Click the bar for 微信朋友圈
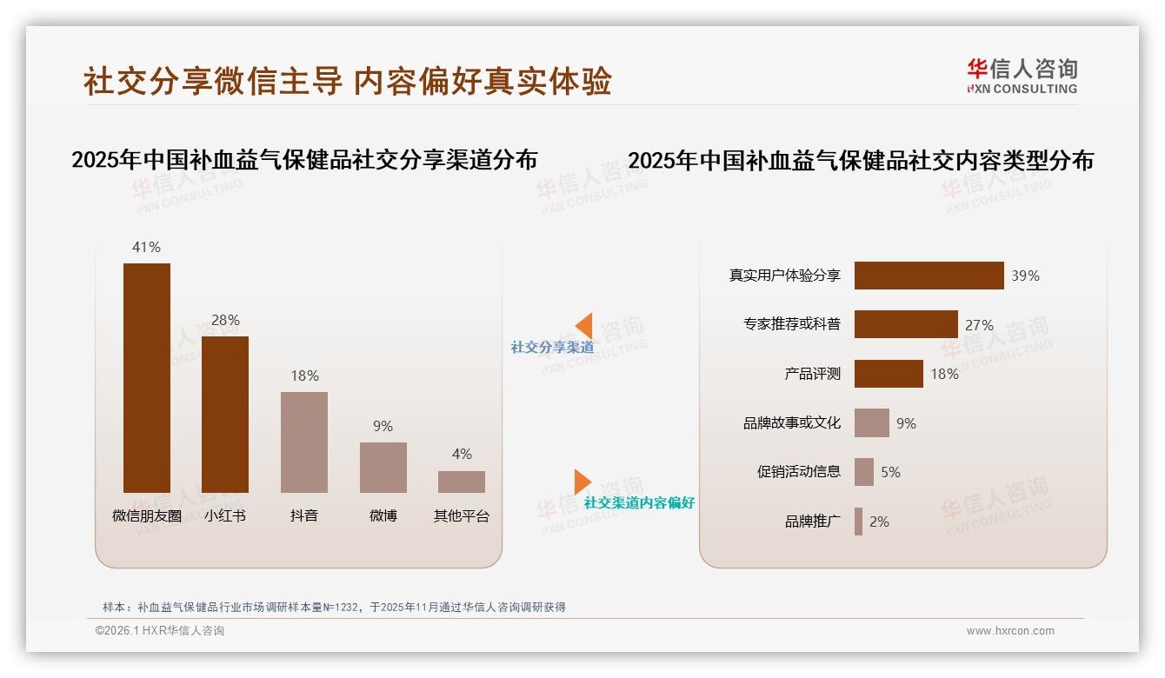[147, 377]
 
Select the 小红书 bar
[225, 414]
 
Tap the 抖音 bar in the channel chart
[304, 442]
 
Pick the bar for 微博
[383, 467]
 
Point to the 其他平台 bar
[462, 482]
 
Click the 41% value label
[146, 247]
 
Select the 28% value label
[225, 320]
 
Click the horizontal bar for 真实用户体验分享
[929, 276]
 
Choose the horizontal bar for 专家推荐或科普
[906, 324]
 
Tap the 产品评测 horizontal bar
[889, 374]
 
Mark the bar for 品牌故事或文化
[872, 423]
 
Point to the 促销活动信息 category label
[799, 472]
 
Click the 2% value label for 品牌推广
[879, 522]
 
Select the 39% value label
[1025, 276]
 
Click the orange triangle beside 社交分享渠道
[585, 326]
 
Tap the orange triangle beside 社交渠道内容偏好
[582, 482]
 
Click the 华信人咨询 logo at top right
[1022, 76]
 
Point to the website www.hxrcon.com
[1010, 631]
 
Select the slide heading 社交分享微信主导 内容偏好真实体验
[348, 81]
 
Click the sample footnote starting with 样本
[334, 607]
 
